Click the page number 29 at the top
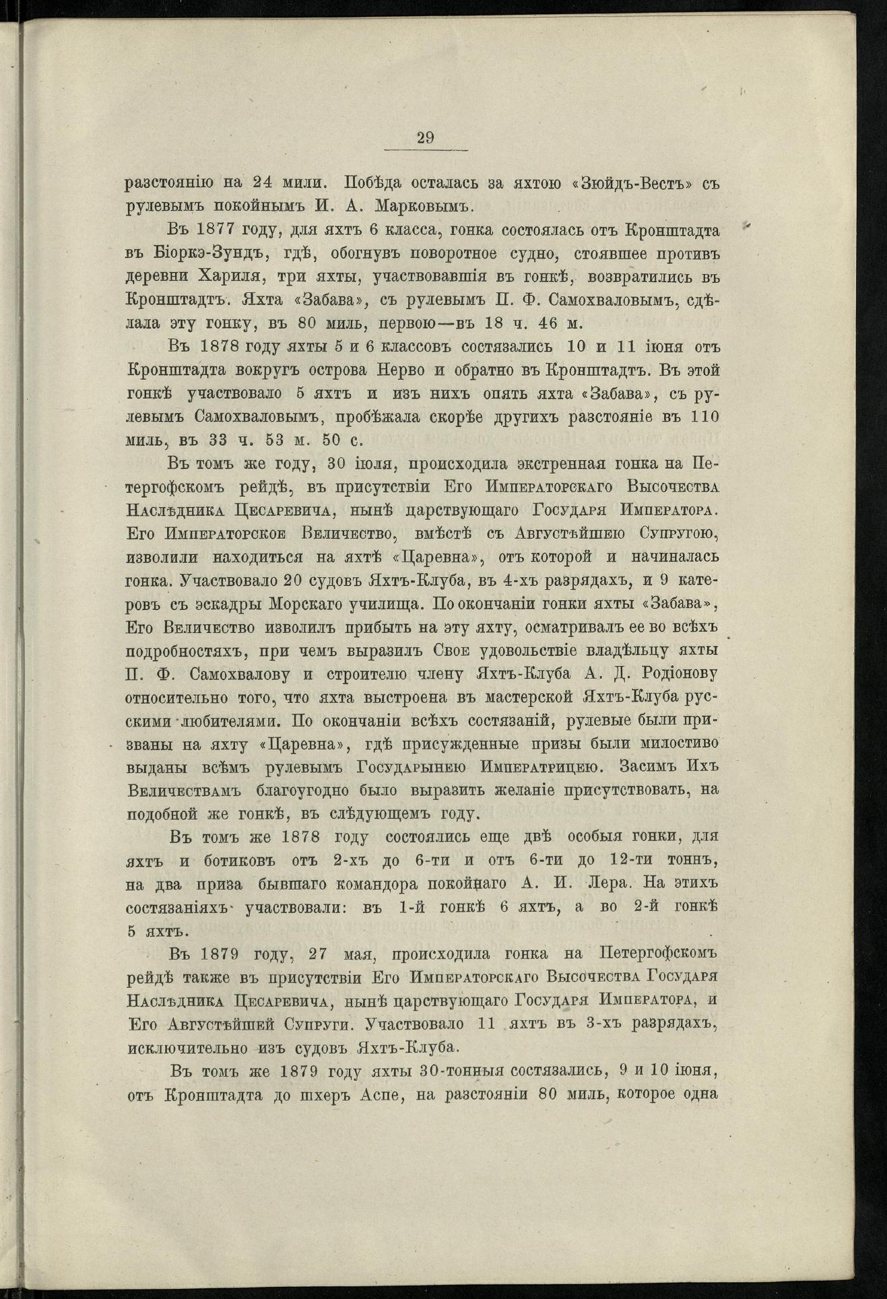coord(426,138)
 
